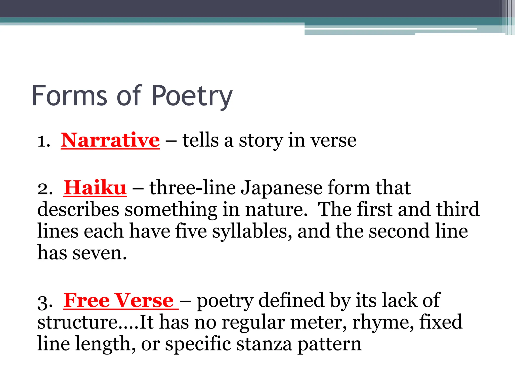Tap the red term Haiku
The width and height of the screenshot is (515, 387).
coord(95,188)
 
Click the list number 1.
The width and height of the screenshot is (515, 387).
coord(43,141)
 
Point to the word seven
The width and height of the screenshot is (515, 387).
coord(100,253)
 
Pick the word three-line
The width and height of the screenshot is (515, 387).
coord(193,188)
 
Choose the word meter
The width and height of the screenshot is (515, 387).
coord(318,322)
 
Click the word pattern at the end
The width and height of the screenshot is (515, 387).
coord(329,344)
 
